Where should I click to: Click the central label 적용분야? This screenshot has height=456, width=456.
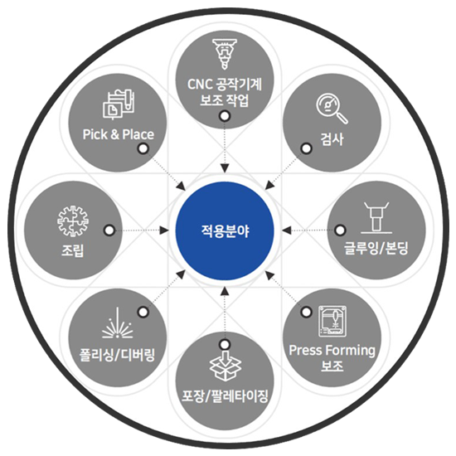pos(225,231)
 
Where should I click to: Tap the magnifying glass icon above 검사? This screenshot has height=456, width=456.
pos(332,109)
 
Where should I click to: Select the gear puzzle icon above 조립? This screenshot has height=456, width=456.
pos(73,221)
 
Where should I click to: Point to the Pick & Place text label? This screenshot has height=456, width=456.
pos(118,134)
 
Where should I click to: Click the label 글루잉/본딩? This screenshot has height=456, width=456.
pos(376,249)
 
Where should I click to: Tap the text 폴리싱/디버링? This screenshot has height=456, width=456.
pos(117,355)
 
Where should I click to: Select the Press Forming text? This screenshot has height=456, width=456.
pos(332,350)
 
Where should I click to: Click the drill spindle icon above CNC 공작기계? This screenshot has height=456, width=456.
pos(224,54)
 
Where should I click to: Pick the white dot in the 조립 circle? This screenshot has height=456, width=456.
pos(109,230)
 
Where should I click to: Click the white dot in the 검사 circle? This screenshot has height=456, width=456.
pos(306,148)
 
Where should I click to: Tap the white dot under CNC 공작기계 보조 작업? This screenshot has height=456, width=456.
pos(225,116)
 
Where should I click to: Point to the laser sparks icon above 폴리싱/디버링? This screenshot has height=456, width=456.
pos(117,323)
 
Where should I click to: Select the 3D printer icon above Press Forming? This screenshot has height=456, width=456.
pos(332,321)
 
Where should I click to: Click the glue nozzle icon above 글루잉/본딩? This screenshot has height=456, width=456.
pos(376,217)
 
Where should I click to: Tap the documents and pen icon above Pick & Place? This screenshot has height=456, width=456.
pos(118,104)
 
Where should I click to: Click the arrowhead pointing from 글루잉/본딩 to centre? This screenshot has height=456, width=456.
pos(286,230)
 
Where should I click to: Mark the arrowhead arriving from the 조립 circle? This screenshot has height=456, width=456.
pos(165,230)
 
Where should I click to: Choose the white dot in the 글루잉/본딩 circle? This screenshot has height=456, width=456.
pos(340,230)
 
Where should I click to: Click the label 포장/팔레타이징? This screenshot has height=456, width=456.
pos(225,395)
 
